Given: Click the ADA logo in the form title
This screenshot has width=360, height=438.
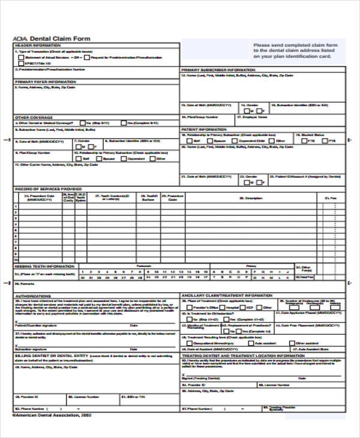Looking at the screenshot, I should pos(19,38).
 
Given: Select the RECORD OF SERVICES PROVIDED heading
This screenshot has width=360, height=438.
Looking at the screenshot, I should pos(48,188).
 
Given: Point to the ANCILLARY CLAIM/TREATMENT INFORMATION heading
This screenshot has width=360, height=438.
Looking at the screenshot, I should pos(227,295).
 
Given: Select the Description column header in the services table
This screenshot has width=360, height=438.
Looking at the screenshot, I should pos(250,197).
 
